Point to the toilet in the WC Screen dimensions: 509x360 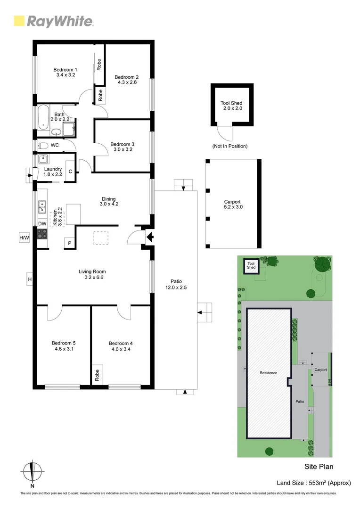[42, 145]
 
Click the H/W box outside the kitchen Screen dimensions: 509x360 [24, 238]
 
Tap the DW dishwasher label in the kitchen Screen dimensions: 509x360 [42, 223]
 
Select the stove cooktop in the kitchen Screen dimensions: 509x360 [42, 233]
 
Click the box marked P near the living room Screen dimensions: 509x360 [69, 243]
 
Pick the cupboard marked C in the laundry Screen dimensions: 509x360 [70, 171]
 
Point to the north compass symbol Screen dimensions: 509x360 [32, 472]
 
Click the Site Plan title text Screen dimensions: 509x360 [319, 467]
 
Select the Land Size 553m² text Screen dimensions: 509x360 [314, 483]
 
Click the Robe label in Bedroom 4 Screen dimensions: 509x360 [98, 375]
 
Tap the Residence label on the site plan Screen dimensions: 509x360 [268, 373]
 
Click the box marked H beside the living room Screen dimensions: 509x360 [29, 279]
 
